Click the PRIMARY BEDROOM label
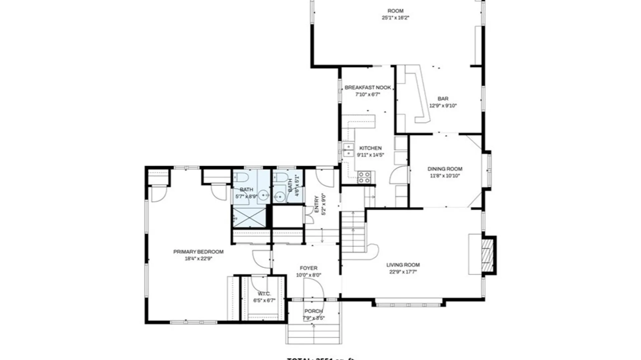pos(198,252)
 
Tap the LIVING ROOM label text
pos(403,265)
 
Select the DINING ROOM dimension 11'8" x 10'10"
pos(445,176)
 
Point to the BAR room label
pos(443,99)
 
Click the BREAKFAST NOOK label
pos(368,88)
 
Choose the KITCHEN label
pos(370,148)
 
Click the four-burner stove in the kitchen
pos(364,177)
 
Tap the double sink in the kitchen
pos(348,150)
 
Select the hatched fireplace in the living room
pos(488,255)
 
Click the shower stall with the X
pos(249,218)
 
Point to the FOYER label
pos(308,268)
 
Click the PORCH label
pos(313,311)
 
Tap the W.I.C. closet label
pos(264,294)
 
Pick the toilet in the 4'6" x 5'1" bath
pos(280,177)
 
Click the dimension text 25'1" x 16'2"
pos(395,18)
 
